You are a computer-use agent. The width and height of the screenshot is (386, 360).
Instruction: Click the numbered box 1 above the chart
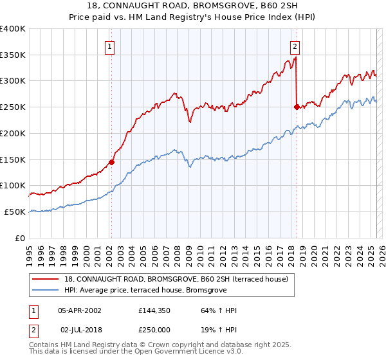(110, 46)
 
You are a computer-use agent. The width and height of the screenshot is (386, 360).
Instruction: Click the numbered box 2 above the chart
(295, 46)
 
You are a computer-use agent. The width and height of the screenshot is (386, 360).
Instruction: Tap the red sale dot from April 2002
(111, 162)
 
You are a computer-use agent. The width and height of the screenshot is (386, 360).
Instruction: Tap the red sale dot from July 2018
(297, 107)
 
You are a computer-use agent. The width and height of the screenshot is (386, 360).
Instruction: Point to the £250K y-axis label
(13, 107)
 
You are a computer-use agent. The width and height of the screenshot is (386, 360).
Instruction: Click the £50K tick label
(15, 212)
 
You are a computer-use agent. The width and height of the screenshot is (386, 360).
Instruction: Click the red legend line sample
(46, 279)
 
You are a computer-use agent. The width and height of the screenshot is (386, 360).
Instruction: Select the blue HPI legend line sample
(46, 290)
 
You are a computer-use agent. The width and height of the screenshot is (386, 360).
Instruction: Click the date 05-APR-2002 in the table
(80, 310)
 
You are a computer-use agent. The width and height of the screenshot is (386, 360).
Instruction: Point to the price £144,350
(153, 310)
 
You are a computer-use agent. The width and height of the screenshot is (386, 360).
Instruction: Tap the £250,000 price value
(153, 329)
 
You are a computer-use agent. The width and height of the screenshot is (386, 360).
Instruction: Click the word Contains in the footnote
(44, 345)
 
